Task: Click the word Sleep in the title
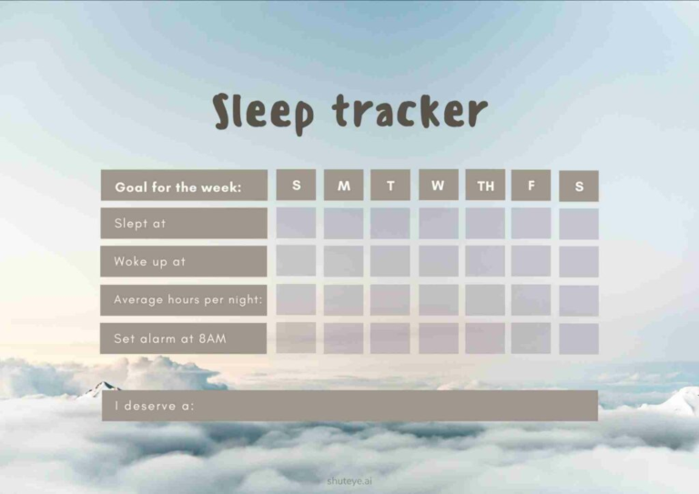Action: pyautogui.click(x=263, y=112)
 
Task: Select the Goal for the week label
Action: pyautogui.click(x=184, y=187)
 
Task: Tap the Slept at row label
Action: pyautogui.click(x=184, y=223)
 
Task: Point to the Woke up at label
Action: pyautogui.click(x=184, y=261)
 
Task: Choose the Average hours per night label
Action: pyautogui.click(x=184, y=299)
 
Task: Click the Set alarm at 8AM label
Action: pyautogui.click(x=184, y=338)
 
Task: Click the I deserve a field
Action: pyautogui.click(x=349, y=406)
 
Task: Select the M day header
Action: pyautogui.click(x=343, y=186)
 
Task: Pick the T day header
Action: pyautogui.click(x=390, y=186)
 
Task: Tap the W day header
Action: pyautogui.click(x=438, y=185)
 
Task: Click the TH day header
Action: pyautogui.click(x=485, y=186)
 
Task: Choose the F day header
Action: pyautogui.click(x=531, y=186)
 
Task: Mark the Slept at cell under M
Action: pyautogui.click(x=343, y=224)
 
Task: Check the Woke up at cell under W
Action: pyautogui.click(x=438, y=261)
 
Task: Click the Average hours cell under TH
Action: pyautogui.click(x=485, y=299)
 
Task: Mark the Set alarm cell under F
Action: pyautogui.click(x=531, y=338)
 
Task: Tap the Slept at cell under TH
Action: pyautogui.click(x=485, y=223)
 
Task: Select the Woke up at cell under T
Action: pyautogui.click(x=390, y=261)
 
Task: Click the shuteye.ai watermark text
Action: pyautogui.click(x=349, y=480)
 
